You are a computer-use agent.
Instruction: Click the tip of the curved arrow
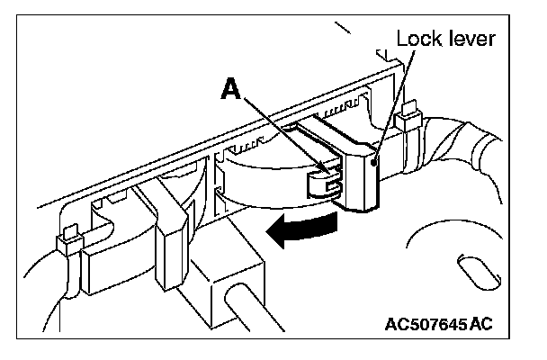271,236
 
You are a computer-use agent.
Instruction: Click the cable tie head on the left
64,241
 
